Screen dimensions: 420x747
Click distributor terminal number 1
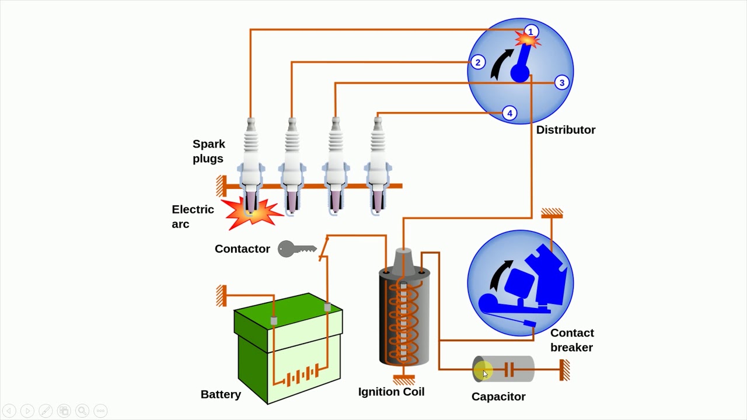point(530,31)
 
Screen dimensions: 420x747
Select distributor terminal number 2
point(478,62)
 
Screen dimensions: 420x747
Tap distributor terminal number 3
point(562,83)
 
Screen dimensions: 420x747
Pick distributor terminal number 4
point(509,113)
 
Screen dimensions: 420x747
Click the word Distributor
point(566,130)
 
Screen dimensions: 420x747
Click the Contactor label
point(242,249)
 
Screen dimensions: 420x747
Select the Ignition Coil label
point(391,392)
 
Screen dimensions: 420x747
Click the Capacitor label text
point(498,397)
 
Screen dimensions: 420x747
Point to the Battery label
point(221,395)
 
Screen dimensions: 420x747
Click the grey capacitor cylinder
point(503,369)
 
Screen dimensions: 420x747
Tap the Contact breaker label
point(572,340)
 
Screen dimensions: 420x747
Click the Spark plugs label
point(209,151)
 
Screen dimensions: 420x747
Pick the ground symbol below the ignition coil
point(404,380)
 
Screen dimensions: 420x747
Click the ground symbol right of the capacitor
point(565,370)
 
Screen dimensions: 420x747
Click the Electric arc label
point(193,216)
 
